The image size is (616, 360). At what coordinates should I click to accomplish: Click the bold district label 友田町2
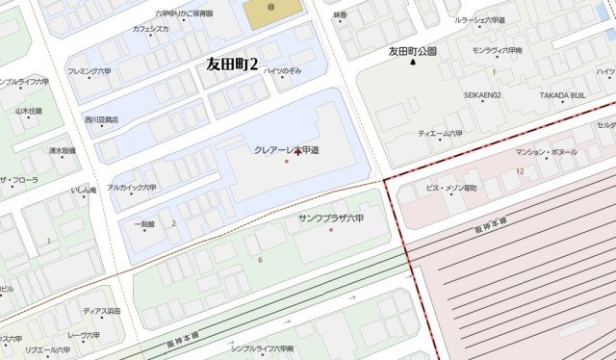click(234, 64)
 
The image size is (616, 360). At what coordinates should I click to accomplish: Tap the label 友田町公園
click(413, 50)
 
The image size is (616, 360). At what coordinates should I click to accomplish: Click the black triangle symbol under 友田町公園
click(413, 64)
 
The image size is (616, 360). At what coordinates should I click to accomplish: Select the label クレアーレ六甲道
click(287, 149)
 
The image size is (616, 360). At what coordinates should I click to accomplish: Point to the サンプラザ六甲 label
click(332, 219)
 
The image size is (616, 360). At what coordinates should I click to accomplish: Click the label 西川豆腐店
click(100, 119)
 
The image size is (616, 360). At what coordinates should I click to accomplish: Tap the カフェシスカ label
click(151, 30)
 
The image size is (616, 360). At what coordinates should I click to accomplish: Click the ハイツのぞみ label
click(283, 71)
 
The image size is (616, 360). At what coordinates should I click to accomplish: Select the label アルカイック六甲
click(131, 188)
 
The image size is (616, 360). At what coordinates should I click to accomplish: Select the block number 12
click(519, 170)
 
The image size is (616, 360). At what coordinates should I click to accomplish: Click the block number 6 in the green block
click(259, 260)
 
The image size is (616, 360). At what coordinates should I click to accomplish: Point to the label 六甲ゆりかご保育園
click(185, 13)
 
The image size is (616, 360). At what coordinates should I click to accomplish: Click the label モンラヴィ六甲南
click(498, 49)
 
